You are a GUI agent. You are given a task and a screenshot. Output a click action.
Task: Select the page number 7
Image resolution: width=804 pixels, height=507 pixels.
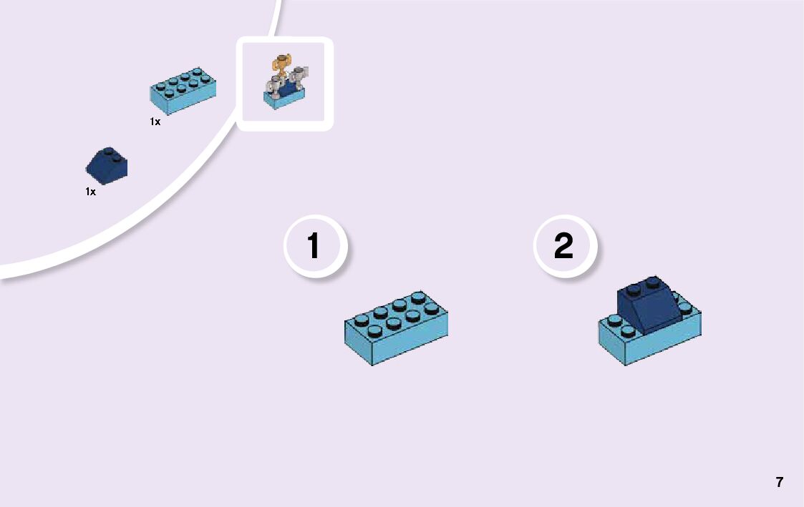coord(780,482)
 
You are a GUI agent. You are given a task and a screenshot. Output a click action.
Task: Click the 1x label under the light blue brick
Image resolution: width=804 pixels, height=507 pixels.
coord(155,122)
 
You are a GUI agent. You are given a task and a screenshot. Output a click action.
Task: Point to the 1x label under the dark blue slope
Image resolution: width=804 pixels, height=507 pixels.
coord(91,192)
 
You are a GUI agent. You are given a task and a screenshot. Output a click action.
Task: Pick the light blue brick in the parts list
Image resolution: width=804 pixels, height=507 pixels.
coord(184,91)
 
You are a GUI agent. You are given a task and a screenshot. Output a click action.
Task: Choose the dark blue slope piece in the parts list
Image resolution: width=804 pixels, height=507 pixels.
coord(107,165)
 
